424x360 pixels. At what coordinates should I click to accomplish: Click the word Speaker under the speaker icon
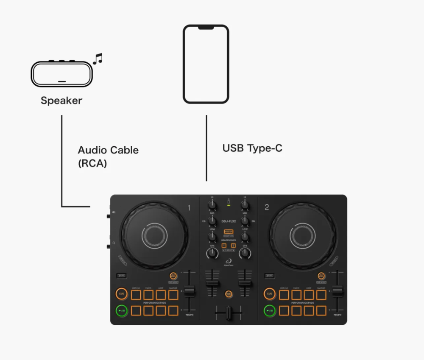(61, 101)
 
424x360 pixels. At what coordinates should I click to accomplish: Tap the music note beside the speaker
(98, 59)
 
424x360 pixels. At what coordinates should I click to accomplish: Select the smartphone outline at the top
(206, 64)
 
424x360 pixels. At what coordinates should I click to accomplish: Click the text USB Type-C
(252, 148)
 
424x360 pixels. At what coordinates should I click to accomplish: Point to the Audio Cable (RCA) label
(108, 156)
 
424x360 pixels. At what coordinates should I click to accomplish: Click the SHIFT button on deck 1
(122, 276)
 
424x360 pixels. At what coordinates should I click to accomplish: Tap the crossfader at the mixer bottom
(229, 313)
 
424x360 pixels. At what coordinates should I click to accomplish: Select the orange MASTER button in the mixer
(229, 232)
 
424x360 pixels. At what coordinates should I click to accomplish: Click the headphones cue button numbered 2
(233, 246)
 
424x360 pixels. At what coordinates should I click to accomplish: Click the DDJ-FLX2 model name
(229, 221)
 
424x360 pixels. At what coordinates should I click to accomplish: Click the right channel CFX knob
(245, 253)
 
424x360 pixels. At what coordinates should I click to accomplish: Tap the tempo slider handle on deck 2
(338, 291)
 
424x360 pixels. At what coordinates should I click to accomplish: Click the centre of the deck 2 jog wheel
(303, 234)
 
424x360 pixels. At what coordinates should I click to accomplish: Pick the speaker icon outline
(62, 74)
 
